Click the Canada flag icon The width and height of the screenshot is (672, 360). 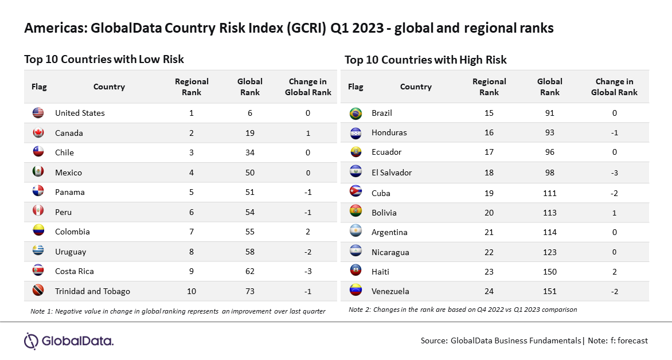pyautogui.click(x=38, y=133)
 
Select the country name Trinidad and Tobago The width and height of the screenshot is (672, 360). pyautogui.click(x=92, y=291)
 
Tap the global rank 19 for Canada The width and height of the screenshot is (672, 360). pyautogui.click(x=250, y=134)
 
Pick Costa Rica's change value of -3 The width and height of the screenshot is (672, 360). pyautogui.click(x=308, y=271)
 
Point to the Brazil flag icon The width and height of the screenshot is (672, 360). pyautogui.click(x=355, y=113)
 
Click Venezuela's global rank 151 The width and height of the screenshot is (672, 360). pyautogui.click(x=549, y=291)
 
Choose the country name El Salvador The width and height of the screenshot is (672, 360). pyautogui.click(x=392, y=173)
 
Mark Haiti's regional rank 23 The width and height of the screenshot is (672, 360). pyautogui.click(x=489, y=272)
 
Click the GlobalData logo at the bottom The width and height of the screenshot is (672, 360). pyautogui.click(x=69, y=341)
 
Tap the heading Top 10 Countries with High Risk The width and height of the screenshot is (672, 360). pyautogui.click(x=425, y=60)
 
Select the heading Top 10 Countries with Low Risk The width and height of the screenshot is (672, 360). pyautogui.click(x=104, y=59)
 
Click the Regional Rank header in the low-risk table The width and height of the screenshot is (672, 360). pyautogui.click(x=192, y=87)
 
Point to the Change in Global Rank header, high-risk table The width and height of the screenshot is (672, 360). pyautogui.click(x=614, y=87)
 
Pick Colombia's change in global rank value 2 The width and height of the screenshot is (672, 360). pyautogui.click(x=308, y=232)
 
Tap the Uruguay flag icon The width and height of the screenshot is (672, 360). pyautogui.click(x=38, y=251)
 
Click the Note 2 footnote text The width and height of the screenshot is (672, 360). pyautogui.click(x=463, y=310)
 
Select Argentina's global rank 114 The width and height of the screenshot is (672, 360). pyautogui.click(x=549, y=232)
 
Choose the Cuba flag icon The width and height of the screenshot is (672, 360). pyautogui.click(x=355, y=193)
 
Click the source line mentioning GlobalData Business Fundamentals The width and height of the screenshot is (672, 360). pyautogui.click(x=534, y=341)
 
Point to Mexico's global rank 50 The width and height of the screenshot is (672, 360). pyautogui.click(x=250, y=173)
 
